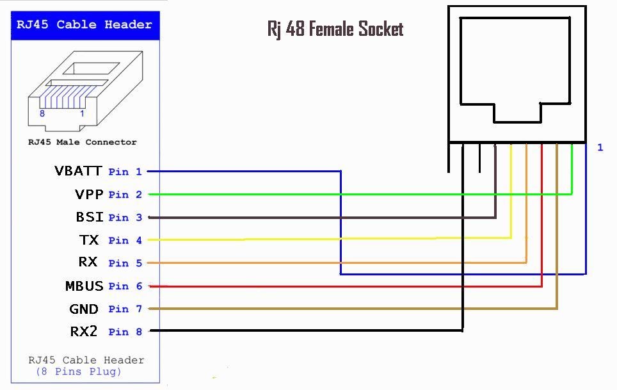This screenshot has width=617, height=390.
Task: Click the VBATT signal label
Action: click(x=78, y=171)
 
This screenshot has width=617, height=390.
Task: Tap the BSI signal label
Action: click(x=90, y=217)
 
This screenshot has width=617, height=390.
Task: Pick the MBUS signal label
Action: click(x=84, y=286)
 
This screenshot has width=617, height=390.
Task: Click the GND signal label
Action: click(x=84, y=309)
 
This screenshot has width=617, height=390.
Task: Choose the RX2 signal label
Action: click(x=84, y=332)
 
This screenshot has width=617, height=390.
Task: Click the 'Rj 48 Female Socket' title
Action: click(x=335, y=29)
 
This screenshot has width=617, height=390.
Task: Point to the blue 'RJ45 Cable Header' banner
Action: click(x=85, y=25)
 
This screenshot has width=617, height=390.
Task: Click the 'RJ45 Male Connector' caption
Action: click(x=82, y=142)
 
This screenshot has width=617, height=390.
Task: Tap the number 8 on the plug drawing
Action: click(x=42, y=113)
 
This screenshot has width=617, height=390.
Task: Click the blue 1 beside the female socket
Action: click(x=600, y=148)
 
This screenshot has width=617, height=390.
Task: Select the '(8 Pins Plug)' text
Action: click(x=78, y=371)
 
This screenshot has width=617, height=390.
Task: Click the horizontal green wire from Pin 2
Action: click(x=358, y=193)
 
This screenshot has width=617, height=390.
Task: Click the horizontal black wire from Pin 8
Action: click(x=307, y=330)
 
